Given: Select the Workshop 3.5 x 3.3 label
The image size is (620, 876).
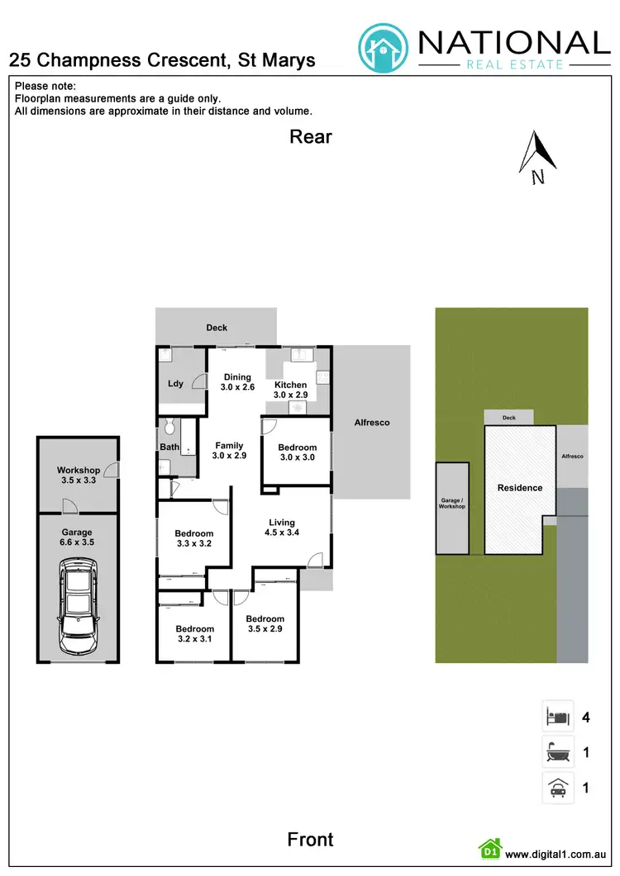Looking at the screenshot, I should click(x=79, y=475).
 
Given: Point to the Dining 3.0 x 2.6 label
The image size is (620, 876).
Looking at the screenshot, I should click(x=237, y=382).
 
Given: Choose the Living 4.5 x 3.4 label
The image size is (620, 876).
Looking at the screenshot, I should click(x=282, y=528).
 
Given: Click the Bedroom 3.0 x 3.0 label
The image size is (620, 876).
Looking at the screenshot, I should click(x=298, y=452).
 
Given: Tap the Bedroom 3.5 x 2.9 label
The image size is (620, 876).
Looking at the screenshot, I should click(x=265, y=624).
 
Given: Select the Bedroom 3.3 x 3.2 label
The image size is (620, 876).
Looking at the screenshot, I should click(x=194, y=538).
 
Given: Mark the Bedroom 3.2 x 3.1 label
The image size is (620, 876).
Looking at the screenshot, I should click(x=194, y=633).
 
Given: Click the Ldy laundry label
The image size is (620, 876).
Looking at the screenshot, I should click(x=175, y=384).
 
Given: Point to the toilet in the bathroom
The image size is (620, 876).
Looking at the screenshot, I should click(x=169, y=427).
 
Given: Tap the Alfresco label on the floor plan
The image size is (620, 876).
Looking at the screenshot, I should click(x=372, y=423).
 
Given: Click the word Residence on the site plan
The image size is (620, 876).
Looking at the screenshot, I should click(x=520, y=488).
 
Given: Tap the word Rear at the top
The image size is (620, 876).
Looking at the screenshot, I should click(x=311, y=137).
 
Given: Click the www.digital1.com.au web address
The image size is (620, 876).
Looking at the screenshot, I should click(x=557, y=855).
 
